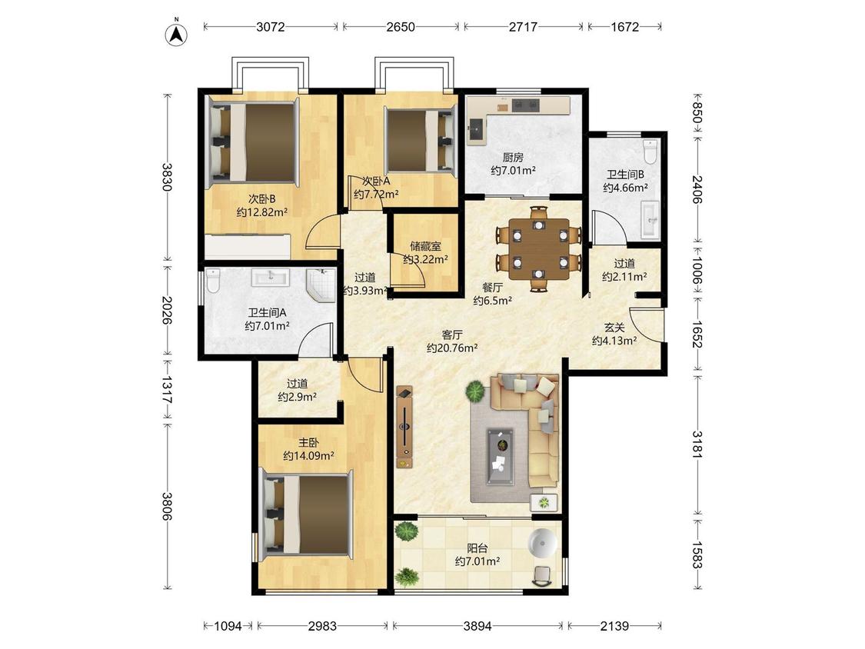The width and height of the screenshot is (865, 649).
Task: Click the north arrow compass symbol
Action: click(177, 34)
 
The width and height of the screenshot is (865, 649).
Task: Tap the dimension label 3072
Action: click(271, 26)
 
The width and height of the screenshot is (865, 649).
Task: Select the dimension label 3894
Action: click(477, 626)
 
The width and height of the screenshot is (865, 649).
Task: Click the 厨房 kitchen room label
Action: click(513, 158)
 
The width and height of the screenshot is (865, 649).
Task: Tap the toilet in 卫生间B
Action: click(650, 151)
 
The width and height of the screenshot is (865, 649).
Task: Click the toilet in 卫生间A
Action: click(213, 281)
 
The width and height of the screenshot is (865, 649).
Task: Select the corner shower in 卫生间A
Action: click(321, 286)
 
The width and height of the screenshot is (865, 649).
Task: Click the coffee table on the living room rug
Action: click(500, 457)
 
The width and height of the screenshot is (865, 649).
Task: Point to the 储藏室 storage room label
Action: click(425, 246)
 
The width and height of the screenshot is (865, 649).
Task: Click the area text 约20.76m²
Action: click(452, 348)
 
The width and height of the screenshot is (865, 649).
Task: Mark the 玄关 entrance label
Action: click(614, 328)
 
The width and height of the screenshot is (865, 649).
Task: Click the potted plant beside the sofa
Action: click(474, 391)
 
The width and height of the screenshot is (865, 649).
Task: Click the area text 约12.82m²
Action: click(262, 212)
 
